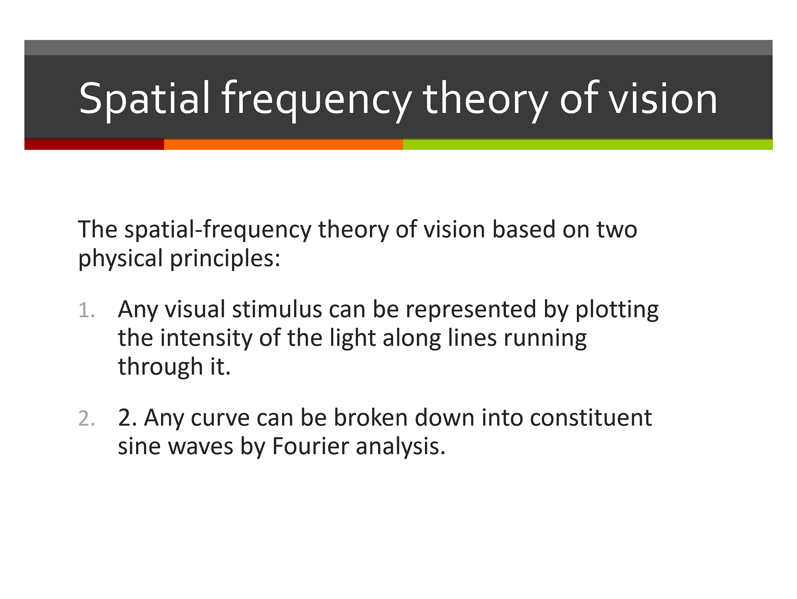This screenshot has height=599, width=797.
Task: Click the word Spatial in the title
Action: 144,99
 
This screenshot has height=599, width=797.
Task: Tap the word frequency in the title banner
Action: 316,100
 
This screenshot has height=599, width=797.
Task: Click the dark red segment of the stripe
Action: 94,144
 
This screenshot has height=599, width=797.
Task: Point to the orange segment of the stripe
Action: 284,144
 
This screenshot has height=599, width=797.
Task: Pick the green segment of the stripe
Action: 588,144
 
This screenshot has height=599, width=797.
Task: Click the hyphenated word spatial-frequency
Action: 218,230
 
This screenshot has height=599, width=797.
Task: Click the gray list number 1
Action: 87,311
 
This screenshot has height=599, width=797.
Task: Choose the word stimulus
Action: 277,310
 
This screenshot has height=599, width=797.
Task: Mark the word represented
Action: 471,311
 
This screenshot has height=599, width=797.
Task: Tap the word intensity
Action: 206,339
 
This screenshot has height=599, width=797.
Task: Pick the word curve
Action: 220,418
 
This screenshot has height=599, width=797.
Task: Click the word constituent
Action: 591,418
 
